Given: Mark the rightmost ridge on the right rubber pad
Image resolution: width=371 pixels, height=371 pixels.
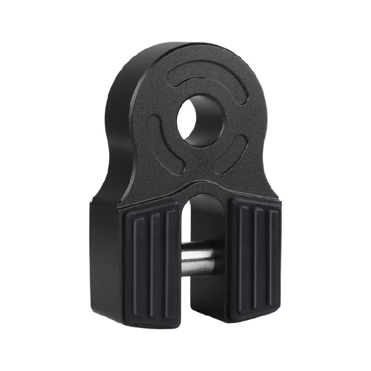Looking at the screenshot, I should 273,257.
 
